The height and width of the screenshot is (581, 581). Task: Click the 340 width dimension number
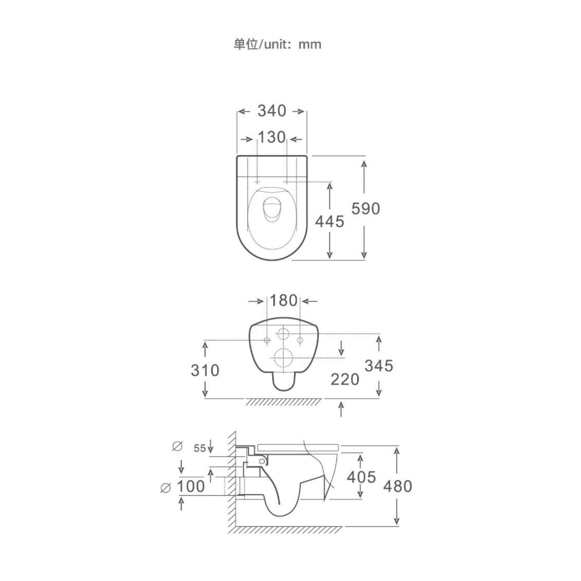(272, 111)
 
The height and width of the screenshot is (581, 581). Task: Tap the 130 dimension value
(272, 137)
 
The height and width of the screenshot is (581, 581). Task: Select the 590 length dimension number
(366, 208)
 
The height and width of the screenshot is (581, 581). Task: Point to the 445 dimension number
(329, 221)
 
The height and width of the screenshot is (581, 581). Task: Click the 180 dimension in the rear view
(283, 301)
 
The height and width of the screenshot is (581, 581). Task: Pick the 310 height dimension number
(205, 370)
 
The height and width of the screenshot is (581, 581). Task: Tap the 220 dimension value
(345, 380)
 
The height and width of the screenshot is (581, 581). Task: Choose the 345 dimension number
(379, 366)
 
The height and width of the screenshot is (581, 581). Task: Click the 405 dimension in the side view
(361, 477)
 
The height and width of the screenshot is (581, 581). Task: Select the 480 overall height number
(397, 486)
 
